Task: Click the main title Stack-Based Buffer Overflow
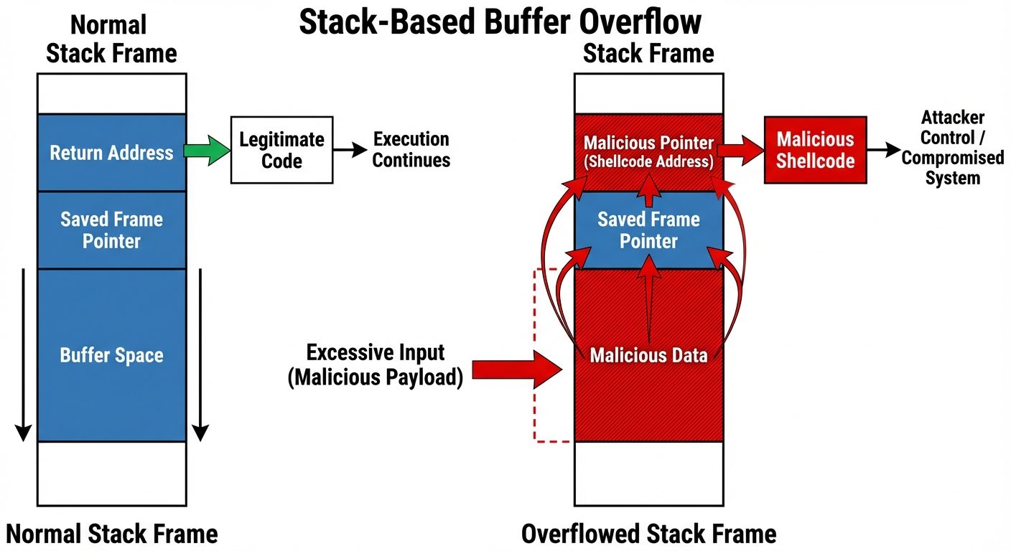tap(500, 22)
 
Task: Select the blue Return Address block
tap(111, 152)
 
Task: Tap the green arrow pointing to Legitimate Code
tap(207, 151)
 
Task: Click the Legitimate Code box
tap(281, 150)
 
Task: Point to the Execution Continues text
tap(411, 150)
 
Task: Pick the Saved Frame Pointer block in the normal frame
tap(111, 230)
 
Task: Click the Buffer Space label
tap(111, 355)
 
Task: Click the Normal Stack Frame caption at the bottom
tap(111, 534)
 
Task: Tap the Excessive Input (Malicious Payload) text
tap(375, 365)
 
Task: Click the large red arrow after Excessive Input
tap(517, 370)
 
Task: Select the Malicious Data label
tap(648, 355)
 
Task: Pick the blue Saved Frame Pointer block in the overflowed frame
tap(648, 230)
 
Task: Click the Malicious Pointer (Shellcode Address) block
tap(648, 151)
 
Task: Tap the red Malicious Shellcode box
tap(815, 150)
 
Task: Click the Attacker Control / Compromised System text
tap(952, 148)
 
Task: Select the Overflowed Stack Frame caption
tap(648, 534)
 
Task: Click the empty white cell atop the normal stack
tap(111, 93)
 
